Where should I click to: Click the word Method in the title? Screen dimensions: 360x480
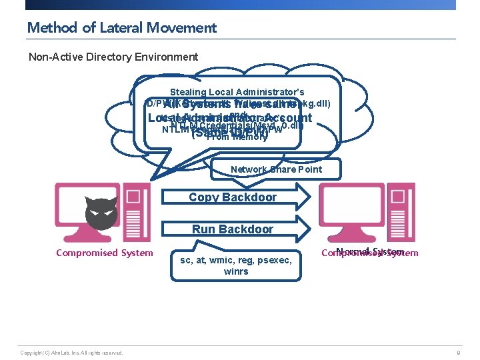click(50, 28)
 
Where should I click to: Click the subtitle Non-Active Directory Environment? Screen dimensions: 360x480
click(113, 57)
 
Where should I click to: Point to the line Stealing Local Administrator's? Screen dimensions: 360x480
click(237, 92)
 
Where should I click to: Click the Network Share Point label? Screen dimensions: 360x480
click(276, 169)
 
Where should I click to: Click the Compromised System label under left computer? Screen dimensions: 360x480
click(104, 253)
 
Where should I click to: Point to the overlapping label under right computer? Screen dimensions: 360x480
click(370, 253)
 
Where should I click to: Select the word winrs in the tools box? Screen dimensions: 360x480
click(236, 271)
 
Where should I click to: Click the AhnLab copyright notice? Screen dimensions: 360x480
click(71, 352)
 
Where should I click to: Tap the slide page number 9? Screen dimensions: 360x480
click(458, 352)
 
